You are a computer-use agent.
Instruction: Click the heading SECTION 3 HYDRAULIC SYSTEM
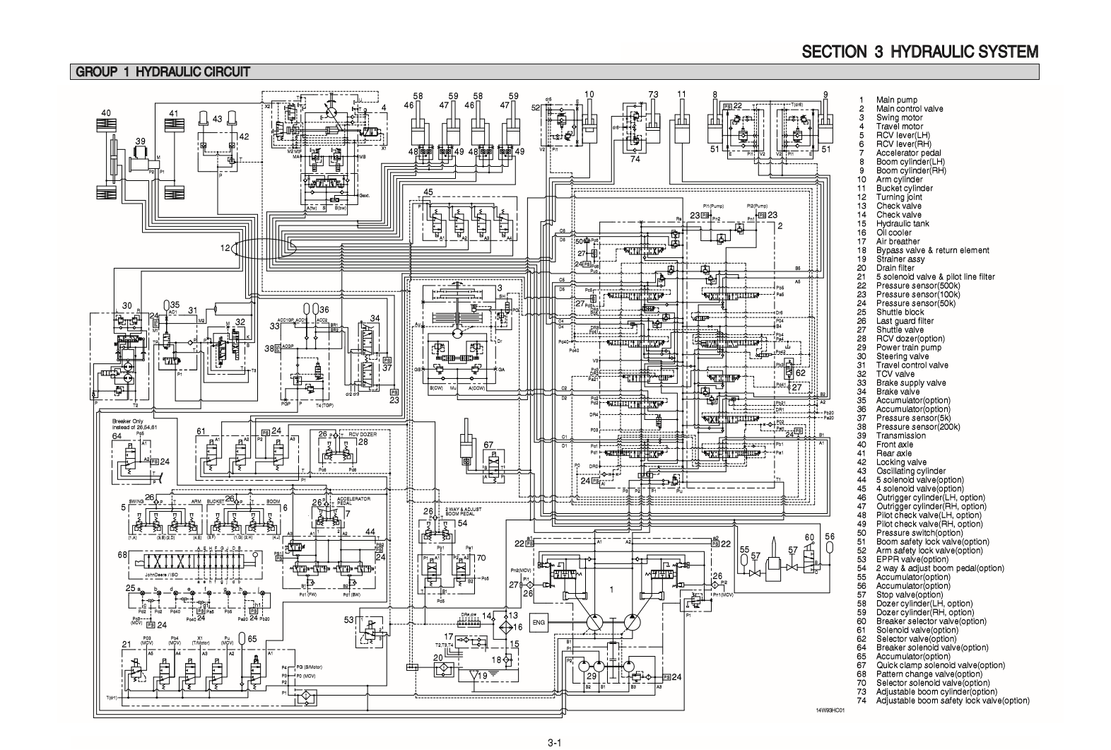click(919, 52)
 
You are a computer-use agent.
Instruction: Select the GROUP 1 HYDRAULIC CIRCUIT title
click(161, 72)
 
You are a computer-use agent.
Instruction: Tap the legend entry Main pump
click(896, 100)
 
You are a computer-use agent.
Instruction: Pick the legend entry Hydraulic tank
click(903, 223)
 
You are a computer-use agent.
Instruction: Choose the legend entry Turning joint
click(899, 197)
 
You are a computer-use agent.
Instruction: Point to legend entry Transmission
click(900, 435)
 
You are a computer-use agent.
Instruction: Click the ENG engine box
click(539, 623)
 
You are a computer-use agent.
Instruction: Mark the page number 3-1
click(554, 742)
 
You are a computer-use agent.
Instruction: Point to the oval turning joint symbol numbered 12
click(263, 249)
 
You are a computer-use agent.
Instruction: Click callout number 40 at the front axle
click(105, 114)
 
